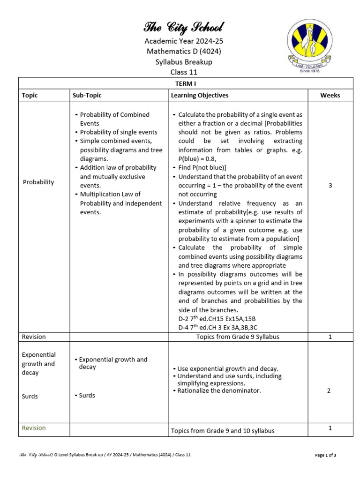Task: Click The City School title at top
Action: pyautogui.click(x=184, y=27)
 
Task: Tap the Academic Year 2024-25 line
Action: pyautogui.click(x=184, y=41)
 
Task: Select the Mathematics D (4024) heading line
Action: pyautogui.click(x=184, y=52)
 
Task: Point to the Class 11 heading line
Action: pyautogui.click(x=184, y=72)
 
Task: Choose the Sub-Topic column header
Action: pyautogui.click(x=87, y=95)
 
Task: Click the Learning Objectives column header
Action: pyautogui.click(x=200, y=95)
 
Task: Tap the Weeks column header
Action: pyautogui.click(x=330, y=95)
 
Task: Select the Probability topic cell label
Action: pyautogui.click(x=38, y=182)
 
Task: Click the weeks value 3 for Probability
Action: pyautogui.click(x=330, y=186)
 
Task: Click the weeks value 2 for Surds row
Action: pyautogui.click(x=329, y=390)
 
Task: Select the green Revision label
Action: pyautogui.click(x=34, y=428)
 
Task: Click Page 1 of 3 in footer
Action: pyautogui.click(x=325, y=455)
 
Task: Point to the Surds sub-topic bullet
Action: pyautogui.click(x=86, y=395)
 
